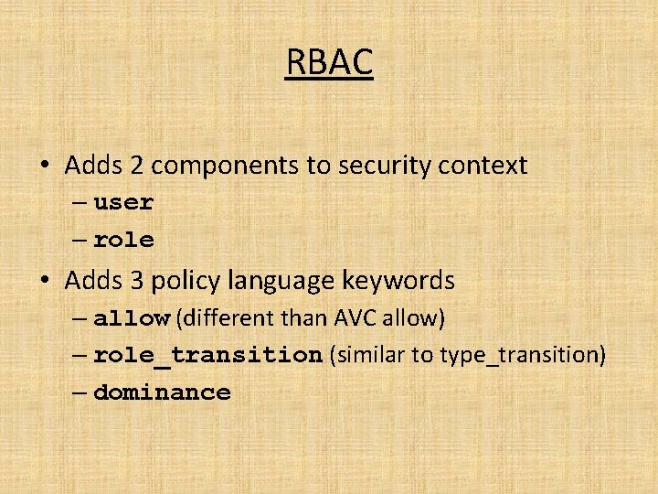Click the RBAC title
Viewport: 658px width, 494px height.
[329, 63]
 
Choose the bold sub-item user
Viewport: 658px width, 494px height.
[123, 203]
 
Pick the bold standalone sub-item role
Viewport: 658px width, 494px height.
[123, 241]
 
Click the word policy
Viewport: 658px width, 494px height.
[182, 281]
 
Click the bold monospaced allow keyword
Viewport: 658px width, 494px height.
[132, 318]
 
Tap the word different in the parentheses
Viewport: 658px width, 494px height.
[224, 318]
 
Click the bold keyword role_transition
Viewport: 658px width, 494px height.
[207, 355]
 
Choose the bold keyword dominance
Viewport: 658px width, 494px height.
[162, 392]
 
